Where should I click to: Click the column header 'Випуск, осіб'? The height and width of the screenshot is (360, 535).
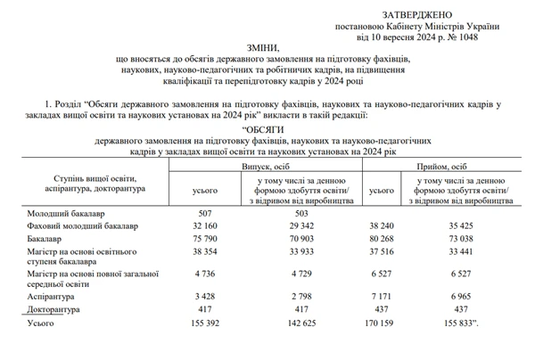coord(268,167)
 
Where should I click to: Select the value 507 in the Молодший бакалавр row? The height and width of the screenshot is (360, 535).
coord(205,213)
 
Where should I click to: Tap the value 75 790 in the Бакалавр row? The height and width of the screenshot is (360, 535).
coord(205,240)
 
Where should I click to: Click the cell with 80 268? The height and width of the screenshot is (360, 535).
coord(382,240)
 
